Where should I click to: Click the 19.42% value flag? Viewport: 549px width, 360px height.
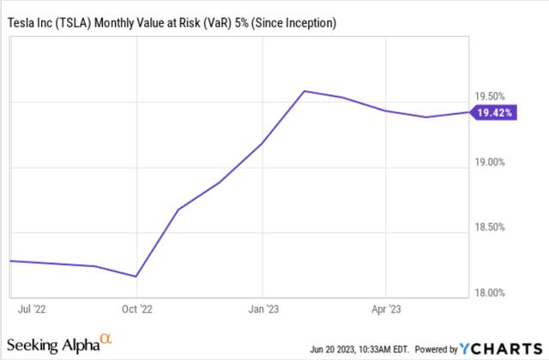tap(496, 112)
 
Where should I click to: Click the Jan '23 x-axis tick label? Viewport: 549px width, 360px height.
tap(262, 305)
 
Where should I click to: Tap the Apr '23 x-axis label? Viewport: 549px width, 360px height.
tap(386, 305)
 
